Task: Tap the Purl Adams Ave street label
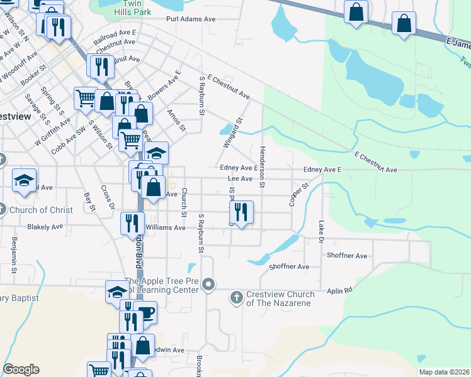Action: (191, 19)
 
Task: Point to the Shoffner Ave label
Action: (347, 256)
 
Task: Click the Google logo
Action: (21, 369)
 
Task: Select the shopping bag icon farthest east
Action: (403, 25)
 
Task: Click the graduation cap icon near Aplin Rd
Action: (117, 291)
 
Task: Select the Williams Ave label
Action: (166, 227)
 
